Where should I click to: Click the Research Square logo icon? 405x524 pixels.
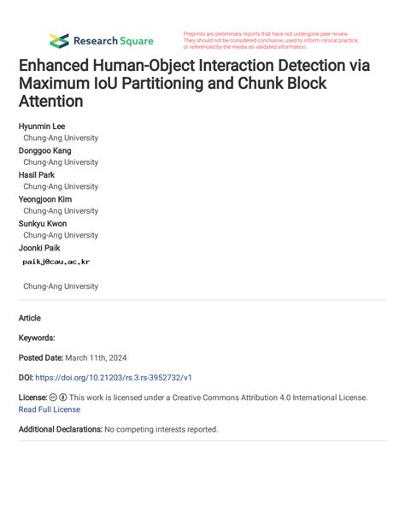click(59, 40)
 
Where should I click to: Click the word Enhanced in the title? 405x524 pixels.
click(58, 66)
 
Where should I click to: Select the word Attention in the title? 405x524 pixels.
click(50, 102)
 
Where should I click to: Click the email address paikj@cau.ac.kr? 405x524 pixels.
click(56, 262)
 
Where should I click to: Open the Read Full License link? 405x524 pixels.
click(49, 409)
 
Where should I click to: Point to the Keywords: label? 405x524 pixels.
click(37, 338)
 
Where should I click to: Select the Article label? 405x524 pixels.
click(30, 318)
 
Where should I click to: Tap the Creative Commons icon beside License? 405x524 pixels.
click(53, 397)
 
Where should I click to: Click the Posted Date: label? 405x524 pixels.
click(40, 357)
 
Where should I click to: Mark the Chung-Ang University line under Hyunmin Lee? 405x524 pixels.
click(61, 138)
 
